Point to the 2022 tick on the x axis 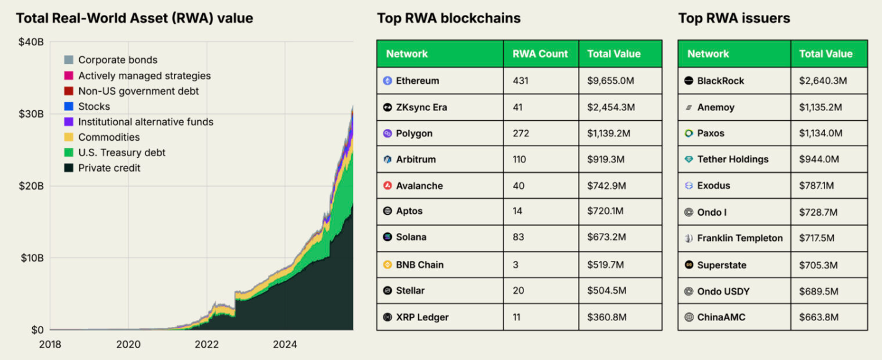point(207,344)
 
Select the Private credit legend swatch point(69,168)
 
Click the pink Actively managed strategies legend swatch point(69,76)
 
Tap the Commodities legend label point(109,137)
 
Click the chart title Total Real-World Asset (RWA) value point(134,18)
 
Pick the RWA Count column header point(540,54)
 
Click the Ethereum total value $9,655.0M point(611,81)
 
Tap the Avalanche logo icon point(388,186)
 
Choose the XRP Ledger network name point(422,317)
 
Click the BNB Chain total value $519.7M point(607,265)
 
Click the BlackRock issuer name point(720,81)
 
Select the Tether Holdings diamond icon point(689,159)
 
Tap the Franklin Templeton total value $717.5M point(818,238)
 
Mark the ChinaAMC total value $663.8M point(819,317)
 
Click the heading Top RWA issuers point(734,18)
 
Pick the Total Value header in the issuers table point(826,54)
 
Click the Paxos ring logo point(689,133)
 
